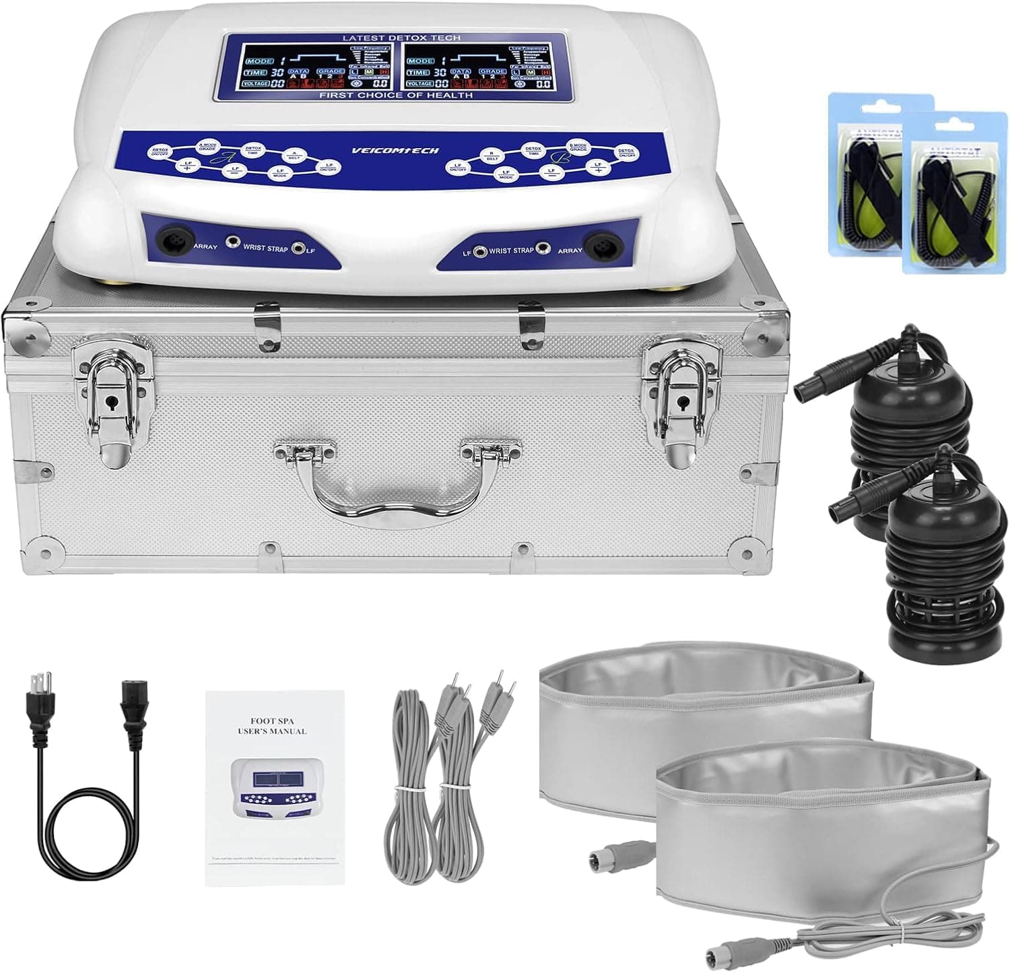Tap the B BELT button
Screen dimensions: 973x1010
click(492, 158)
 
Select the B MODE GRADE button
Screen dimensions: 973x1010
click(578, 147)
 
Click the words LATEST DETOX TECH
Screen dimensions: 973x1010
click(401, 38)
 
